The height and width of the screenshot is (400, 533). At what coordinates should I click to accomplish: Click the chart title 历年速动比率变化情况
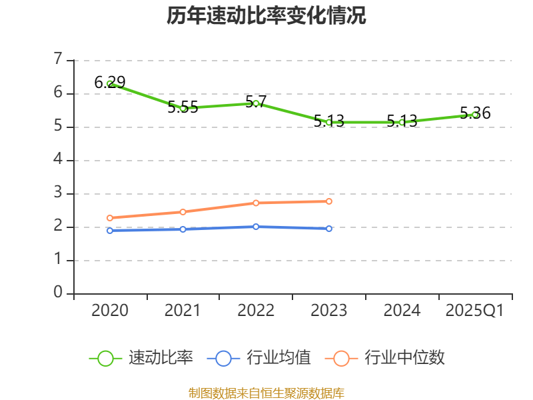(266, 16)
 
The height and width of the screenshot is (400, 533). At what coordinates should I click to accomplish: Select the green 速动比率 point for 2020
(110, 84)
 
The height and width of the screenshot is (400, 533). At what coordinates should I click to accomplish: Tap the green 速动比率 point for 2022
(256, 103)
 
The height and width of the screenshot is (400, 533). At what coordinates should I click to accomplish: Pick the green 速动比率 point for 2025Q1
(475, 115)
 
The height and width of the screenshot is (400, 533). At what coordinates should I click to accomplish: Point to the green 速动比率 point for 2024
(402, 122)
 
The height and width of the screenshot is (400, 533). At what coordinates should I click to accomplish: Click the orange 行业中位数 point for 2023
(329, 201)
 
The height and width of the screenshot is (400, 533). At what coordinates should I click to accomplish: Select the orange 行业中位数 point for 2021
(183, 212)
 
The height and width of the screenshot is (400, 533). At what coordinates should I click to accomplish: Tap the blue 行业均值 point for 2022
(256, 227)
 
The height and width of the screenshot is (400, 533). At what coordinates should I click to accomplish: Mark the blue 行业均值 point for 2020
(110, 231)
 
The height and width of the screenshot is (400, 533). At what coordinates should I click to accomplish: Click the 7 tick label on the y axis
(58, 60)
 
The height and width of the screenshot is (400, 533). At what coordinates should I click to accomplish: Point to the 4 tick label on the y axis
(58, 160)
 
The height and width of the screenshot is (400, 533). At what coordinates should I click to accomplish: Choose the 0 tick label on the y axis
(58, 293)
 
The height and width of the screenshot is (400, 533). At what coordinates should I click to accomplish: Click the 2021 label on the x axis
(183, 311)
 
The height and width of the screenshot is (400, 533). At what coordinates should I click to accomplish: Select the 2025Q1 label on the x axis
(475, 311)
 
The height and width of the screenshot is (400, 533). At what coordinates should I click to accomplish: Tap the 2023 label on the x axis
(329, 311)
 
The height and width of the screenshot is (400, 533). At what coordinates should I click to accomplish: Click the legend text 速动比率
(161, 358)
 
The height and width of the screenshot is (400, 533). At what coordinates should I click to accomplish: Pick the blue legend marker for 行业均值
(223, 358)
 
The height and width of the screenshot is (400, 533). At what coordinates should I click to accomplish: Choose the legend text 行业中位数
(404, 358)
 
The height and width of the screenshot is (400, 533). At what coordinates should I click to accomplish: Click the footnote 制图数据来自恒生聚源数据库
(266, 393)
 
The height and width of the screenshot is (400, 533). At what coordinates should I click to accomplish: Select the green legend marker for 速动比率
(105, 358)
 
